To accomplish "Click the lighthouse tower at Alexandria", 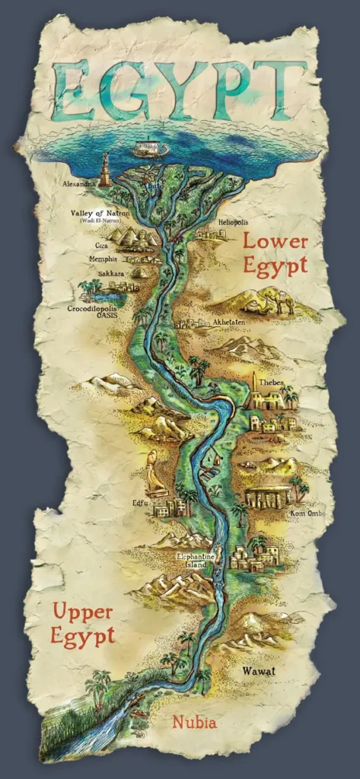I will tap(105, 169).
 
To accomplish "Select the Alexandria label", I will tap(80, 183).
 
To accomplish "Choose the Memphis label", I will tap(105, 259).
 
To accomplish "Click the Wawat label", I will tap(258, 671).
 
